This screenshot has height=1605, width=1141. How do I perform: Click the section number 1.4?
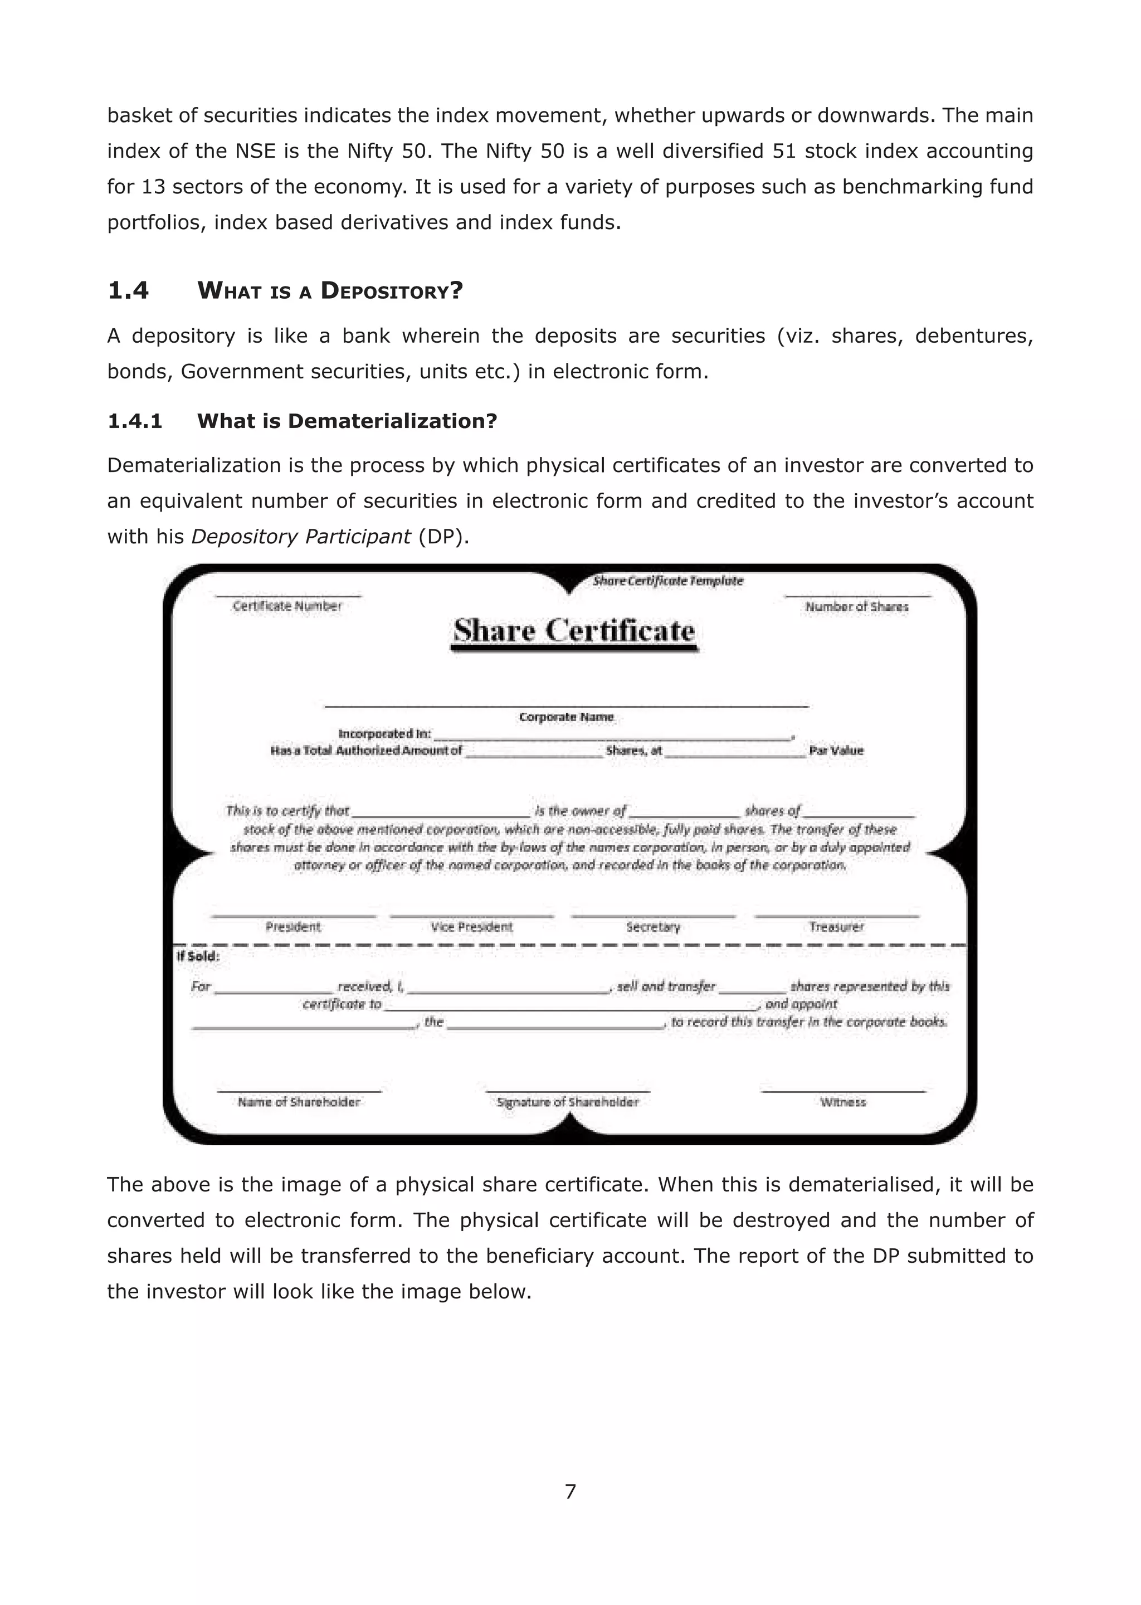coord(128,290)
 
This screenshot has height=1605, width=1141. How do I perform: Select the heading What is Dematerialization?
coord(347,421)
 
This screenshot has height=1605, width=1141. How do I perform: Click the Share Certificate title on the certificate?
coord(574,630)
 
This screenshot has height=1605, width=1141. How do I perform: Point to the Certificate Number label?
coord(287,606)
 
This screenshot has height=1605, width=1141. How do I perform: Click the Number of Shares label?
coord(856,606)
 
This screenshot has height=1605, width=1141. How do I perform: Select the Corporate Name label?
coord(566,717)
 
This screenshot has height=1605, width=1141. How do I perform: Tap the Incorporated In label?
coord(384,733)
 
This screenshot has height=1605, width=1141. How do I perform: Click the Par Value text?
coord(836,751)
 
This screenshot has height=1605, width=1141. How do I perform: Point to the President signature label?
coord(293,927)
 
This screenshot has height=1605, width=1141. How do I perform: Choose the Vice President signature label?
coord(471,927)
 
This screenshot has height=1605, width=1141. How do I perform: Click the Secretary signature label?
coord(653,927)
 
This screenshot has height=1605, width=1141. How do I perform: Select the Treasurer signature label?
coord(836,927)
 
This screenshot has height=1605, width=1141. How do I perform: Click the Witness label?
coord(842,1102)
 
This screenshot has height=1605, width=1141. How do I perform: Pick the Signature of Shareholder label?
coord(568,1102)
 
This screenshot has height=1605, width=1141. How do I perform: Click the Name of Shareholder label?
coord(299,1102)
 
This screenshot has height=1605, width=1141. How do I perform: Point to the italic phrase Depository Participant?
coord(301,537)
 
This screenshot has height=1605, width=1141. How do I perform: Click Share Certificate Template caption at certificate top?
coord(667,581)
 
